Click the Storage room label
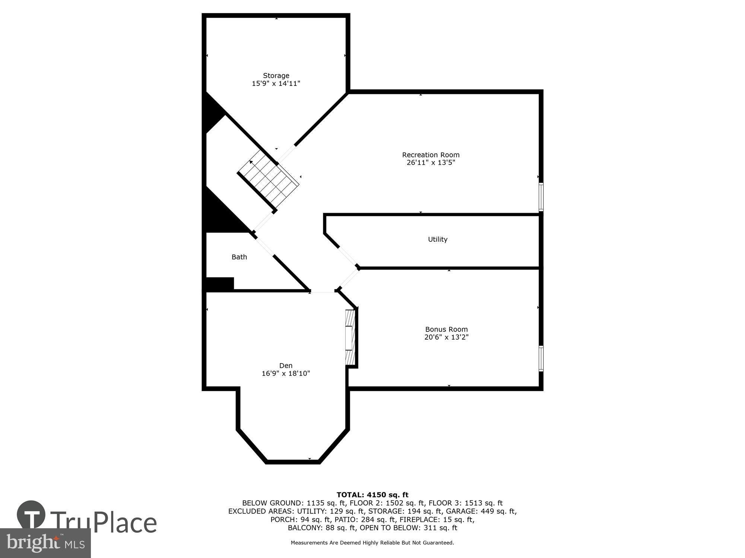pyautogui.click(x=276, y=76)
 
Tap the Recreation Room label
pyautogui.click(x=431, y=155)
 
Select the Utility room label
pyautogui.click(x=437, y=239)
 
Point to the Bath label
pyautogui.click(x=239, y=257)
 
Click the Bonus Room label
pyautogui.click(x=446, y=329)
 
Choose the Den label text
pyautogui.click(x=286, y=365)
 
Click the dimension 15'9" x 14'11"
pyautogui.click(x=276, y=84)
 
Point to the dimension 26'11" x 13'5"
pyautogui.click(x=431, y=163)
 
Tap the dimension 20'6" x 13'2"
pyautogui.click(x=446, y=337)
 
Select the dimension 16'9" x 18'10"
pyautogui.click(x=286, y=373)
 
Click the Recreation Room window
pyautogui.click(x=541, y=197)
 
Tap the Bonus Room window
pyautogui.click(x=541, y=358)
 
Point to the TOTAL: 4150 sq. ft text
pyautogui.click(x=372, y=495)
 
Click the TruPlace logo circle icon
pyautogui.click(x=31, y=515)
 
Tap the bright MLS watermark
pyautogui.click(x=45, y=543)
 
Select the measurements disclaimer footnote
pyautogui.click(x=372, y=543)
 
